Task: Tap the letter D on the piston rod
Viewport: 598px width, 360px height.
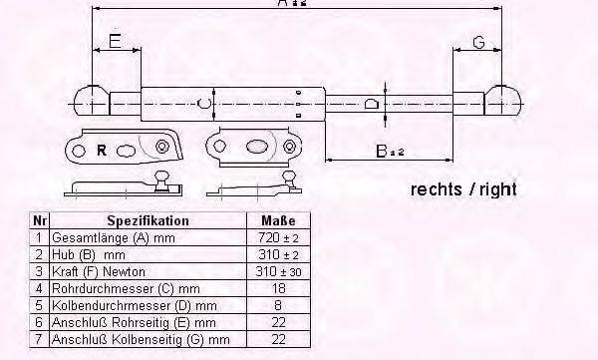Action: [x=372, y=102]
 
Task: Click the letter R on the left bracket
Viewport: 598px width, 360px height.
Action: [x=101, y=151]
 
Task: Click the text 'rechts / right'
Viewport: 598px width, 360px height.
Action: [x=462, y=189]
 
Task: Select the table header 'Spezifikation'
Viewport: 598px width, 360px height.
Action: [x=148, y=220]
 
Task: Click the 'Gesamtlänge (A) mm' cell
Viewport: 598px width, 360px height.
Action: [x=104, y=237]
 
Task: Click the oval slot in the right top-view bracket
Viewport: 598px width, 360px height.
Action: [x=255, y=149]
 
